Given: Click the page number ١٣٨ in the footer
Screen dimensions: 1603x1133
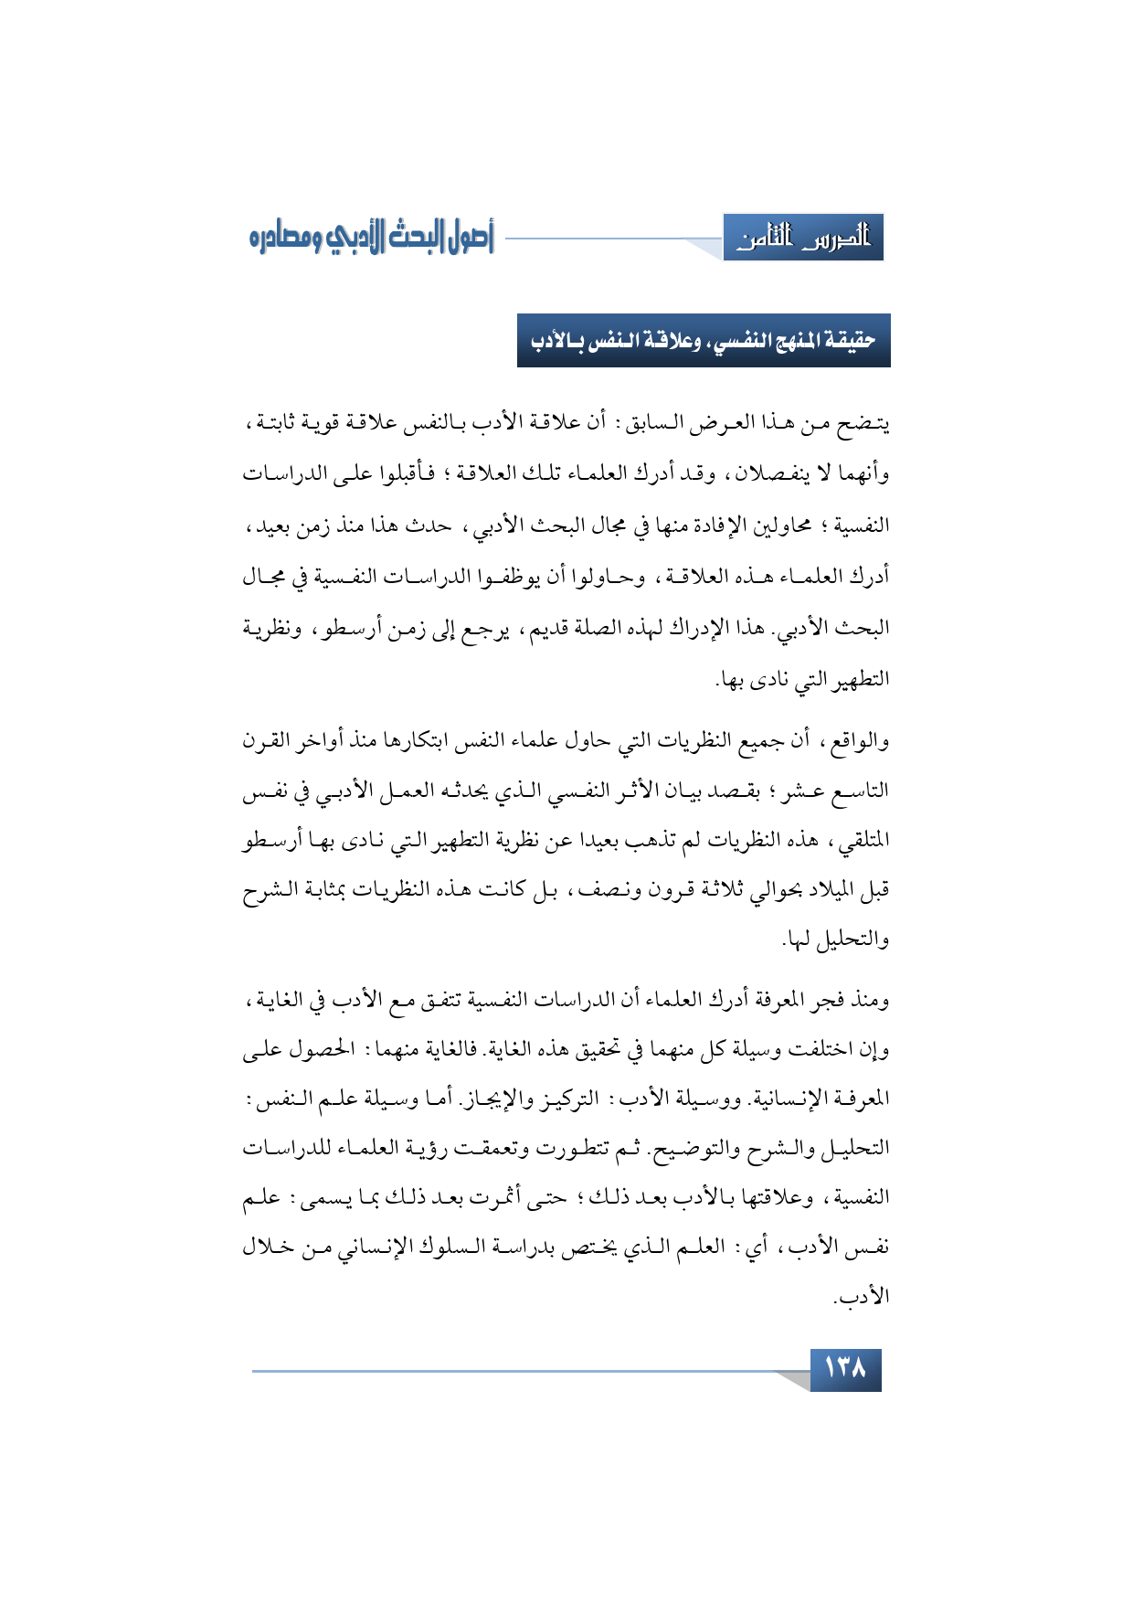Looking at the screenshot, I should (845, 1369).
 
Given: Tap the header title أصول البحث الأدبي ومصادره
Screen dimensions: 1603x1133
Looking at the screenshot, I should (371, 238).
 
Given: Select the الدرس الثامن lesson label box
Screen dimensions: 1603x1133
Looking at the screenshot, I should (803, 239).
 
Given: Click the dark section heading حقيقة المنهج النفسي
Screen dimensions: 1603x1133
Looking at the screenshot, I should (704, 341).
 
